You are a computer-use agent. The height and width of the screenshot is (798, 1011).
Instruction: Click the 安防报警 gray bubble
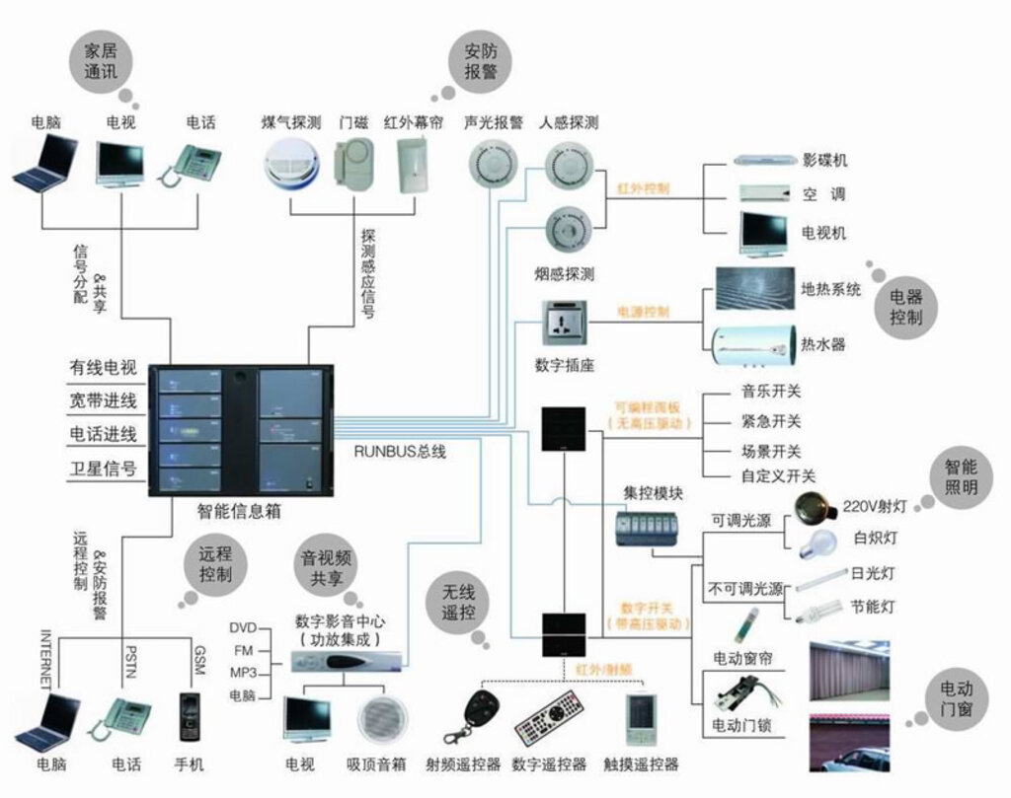481,60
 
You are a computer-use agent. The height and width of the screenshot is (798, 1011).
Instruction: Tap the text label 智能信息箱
240,512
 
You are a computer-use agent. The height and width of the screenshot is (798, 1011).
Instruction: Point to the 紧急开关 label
771,421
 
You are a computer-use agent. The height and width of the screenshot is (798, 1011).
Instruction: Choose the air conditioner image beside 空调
763,193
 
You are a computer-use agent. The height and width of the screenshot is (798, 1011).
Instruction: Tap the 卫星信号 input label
103,468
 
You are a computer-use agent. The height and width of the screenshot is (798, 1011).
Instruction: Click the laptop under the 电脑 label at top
45,165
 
